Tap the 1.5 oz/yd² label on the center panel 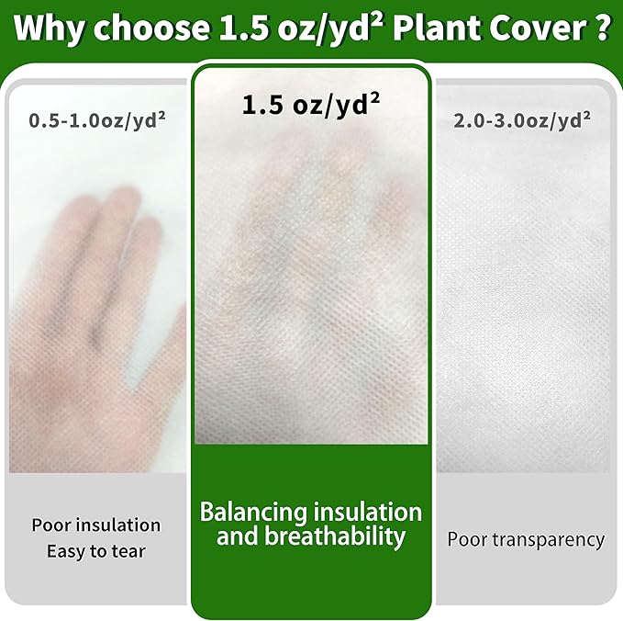(311, 105)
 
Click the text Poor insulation (96, 525)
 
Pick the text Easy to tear (96, 551)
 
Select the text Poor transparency (526, 539)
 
